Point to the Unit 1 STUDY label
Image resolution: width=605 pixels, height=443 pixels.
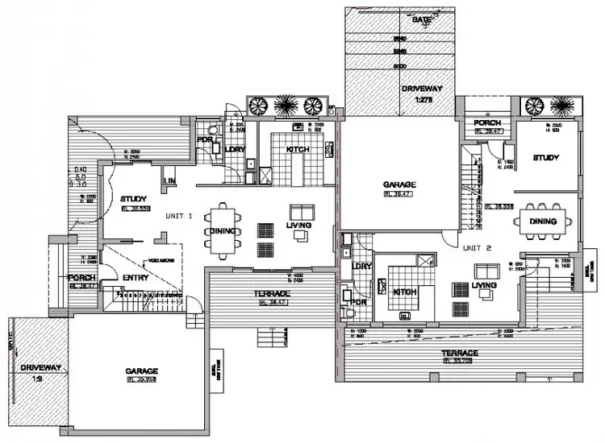tap(131, 198)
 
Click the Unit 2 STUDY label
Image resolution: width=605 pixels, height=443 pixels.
tap(545, 157)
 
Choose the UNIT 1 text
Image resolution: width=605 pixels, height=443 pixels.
tap(179, 215)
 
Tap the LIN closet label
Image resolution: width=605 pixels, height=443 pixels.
tap(170, 180)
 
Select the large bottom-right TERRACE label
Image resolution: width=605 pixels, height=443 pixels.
tap(459, 353)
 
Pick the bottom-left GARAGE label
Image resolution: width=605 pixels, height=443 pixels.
tap(141, 371)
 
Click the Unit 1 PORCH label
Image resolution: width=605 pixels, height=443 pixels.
tap(83, 278)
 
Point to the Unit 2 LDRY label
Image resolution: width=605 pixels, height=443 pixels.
tap(361, 265)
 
